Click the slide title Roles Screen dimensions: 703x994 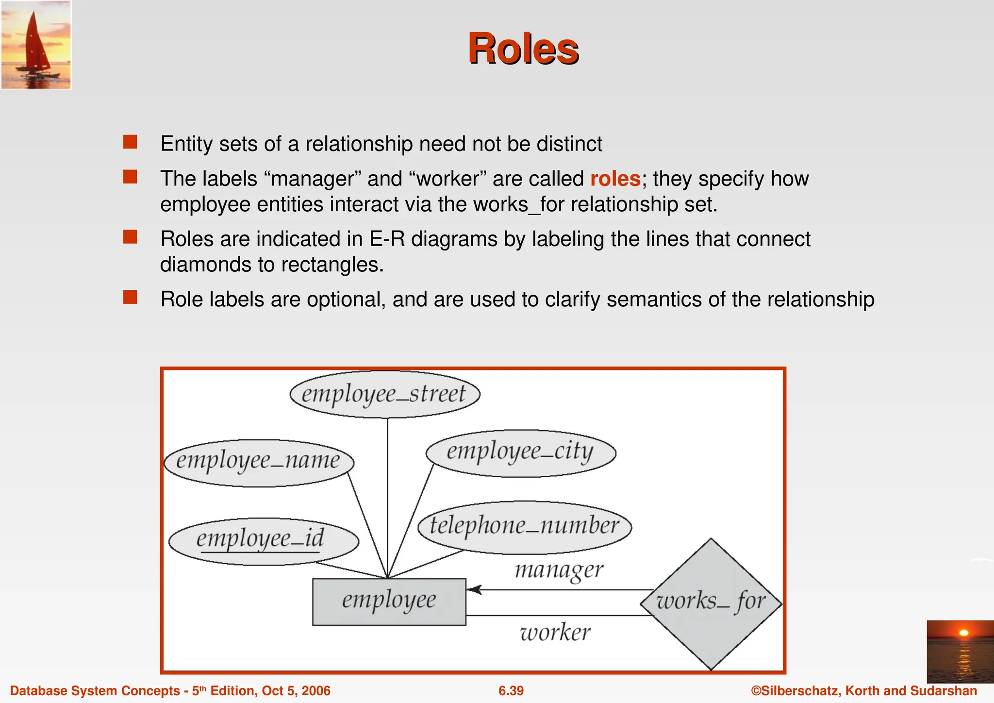(x=523, y=49)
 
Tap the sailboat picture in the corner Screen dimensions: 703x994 (x=36, y=45)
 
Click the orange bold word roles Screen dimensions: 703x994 (x=615, y=179)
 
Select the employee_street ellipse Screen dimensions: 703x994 (x=384, y=394)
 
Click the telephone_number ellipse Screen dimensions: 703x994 (x=524, y=526)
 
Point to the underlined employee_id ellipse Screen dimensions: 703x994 (x=263, y=540)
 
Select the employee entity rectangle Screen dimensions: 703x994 (x=389, y=601)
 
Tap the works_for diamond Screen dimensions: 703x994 (x=711, y=603)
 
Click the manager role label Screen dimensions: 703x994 (x=559, y=570)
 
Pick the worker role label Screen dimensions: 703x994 (x=555, y=632)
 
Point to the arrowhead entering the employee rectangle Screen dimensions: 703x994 (x=473, y=590)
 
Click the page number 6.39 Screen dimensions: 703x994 (x=511, y=691)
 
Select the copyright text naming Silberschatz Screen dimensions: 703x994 (x=863, y=691)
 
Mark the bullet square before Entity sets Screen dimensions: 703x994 (x=130, y=142)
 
